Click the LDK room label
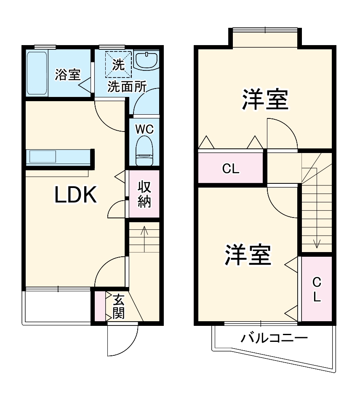(76, 195)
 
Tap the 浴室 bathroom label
(67, 75)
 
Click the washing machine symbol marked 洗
(118, 64)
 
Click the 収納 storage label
(144, 194)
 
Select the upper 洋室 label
(265, 99)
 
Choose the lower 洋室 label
(247, 254)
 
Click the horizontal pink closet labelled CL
(231, 169)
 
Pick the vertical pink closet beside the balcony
(317, 289)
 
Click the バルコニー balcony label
(274, 338)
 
